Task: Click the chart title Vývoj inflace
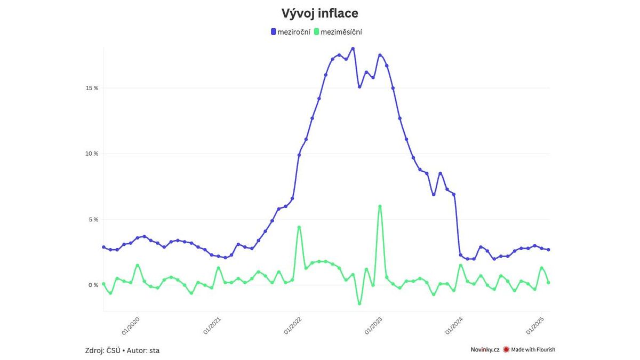319,13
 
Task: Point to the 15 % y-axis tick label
92,88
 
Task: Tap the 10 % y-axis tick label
92,154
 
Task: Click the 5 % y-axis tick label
93,219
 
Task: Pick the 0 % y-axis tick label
93,285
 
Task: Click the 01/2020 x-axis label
132,325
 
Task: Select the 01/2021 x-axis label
212,325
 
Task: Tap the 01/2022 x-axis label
293,325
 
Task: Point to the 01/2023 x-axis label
374,325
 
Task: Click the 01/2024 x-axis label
455,325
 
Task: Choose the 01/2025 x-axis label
536,325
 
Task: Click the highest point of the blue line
353,49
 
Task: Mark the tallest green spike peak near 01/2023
380,206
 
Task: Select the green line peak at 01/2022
299,227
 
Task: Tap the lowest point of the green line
359,303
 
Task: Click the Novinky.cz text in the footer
484,350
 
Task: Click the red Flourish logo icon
506,350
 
